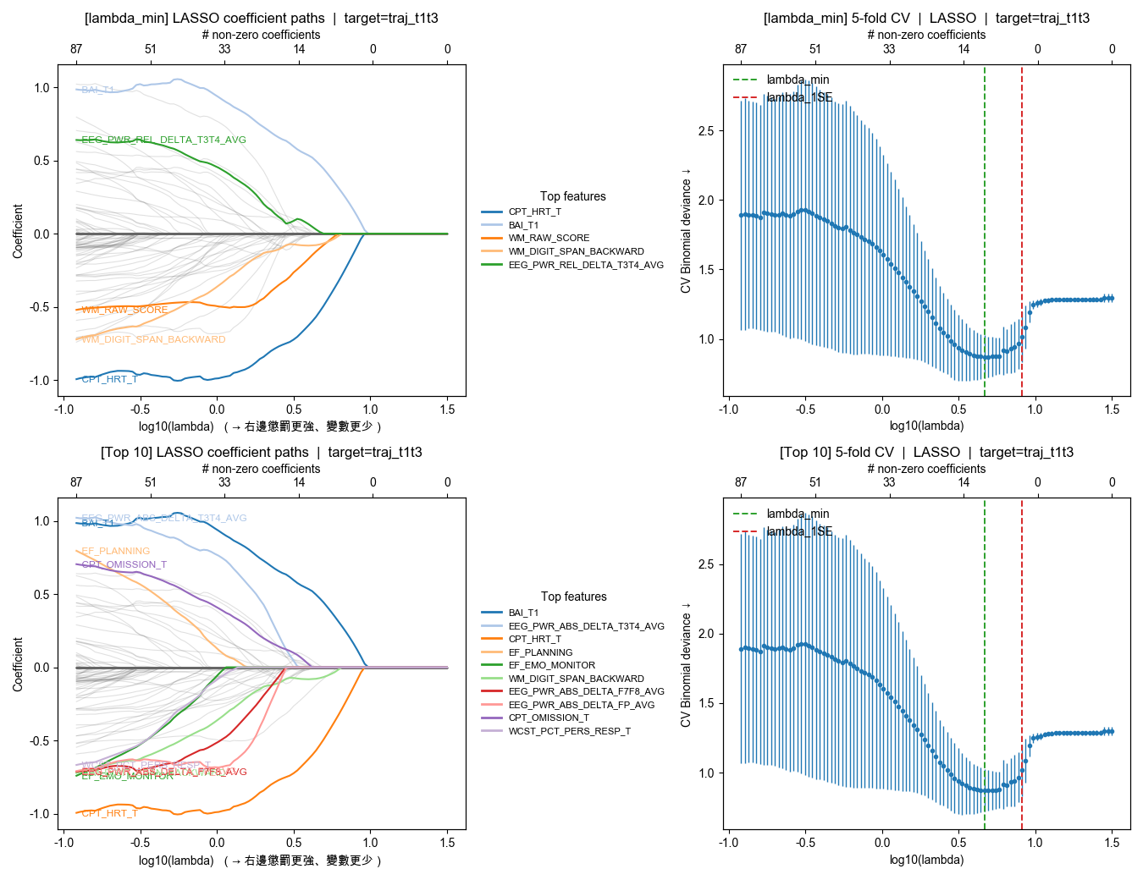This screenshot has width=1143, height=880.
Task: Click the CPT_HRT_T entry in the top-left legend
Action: [534, 212]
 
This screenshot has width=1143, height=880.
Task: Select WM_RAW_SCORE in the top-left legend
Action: [549, 238]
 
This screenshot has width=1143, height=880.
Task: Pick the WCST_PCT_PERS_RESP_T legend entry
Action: [569, 731]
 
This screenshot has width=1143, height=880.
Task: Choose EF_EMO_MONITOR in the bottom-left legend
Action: [551, 665]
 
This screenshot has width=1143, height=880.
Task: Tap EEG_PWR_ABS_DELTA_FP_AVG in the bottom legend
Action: [581, 705]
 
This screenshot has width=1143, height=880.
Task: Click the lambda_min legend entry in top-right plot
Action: [798, 80]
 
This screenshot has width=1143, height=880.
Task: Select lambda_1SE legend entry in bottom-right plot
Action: [799, 531]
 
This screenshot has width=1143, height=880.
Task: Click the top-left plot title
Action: [262, 18]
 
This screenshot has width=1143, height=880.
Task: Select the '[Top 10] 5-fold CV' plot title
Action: [926, 452]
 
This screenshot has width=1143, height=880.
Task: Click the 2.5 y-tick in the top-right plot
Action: [706, 131]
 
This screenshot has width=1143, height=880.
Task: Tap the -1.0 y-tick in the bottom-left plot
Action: [41, 814]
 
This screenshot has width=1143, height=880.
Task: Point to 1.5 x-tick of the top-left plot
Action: [447, 410]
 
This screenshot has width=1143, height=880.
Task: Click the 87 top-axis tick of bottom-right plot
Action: [741, 482]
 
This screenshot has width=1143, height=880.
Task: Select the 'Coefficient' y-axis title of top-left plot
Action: [18, 230]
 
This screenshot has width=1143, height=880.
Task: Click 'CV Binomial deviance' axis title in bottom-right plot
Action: [686, 664]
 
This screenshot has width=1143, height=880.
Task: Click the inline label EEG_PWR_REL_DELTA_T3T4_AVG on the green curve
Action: [163, 140]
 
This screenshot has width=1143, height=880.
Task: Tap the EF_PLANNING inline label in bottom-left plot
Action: [116, 551]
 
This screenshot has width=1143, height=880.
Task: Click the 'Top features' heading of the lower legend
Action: [573, 597]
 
